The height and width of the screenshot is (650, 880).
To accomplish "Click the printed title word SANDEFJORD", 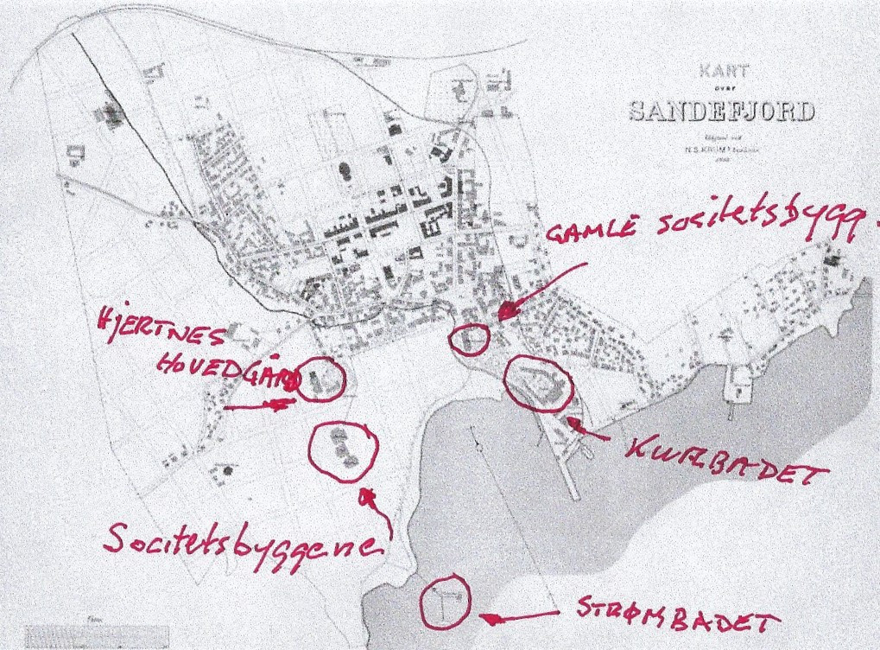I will (722, 111).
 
